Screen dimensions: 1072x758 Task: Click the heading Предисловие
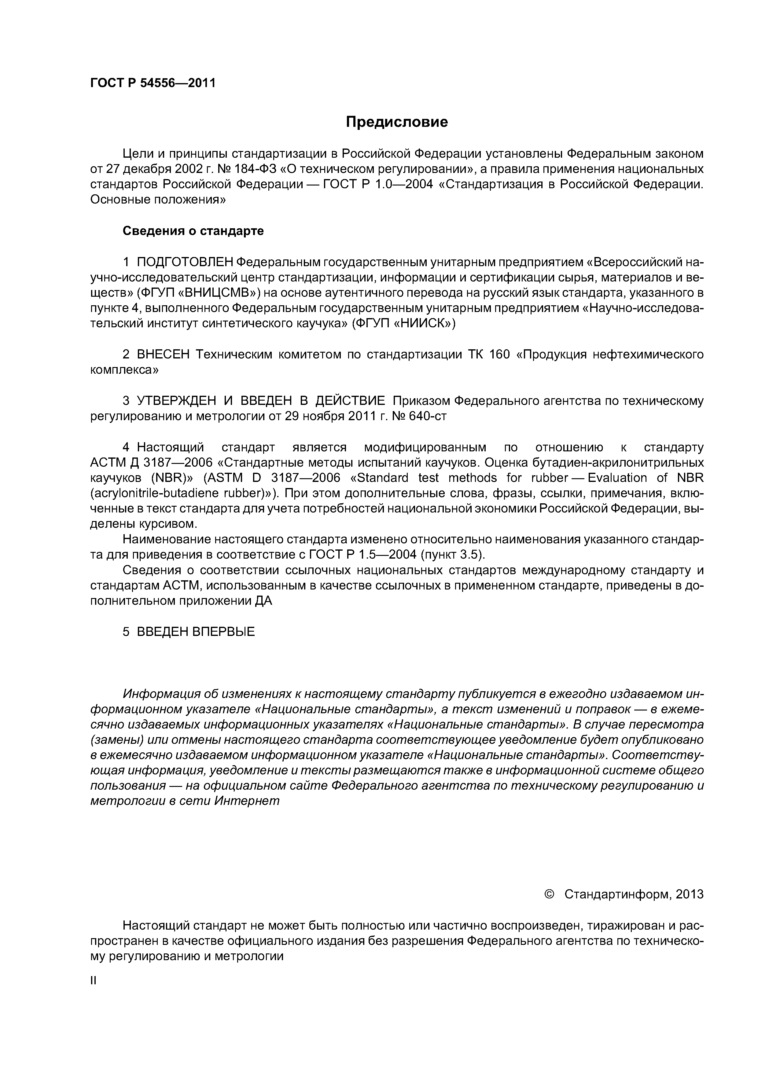tap(396, 122)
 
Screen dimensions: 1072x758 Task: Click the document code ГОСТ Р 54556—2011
tap(153, 83)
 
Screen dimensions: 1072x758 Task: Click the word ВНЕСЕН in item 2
tap(164, 354)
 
